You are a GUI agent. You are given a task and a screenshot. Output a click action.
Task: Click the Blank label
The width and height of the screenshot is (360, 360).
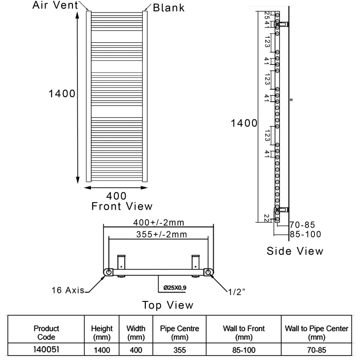(169, 8)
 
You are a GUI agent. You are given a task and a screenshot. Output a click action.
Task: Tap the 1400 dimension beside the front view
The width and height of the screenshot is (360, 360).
(62, 94)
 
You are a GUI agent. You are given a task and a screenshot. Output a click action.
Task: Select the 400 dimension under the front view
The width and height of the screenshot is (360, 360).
(116, 196)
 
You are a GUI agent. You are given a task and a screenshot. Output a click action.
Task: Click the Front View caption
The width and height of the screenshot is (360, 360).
(121, 206)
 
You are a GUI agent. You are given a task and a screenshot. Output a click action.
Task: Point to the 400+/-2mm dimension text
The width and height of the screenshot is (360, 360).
(159, 222)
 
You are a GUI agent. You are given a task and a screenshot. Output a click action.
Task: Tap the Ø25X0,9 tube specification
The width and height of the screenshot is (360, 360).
(175, 287)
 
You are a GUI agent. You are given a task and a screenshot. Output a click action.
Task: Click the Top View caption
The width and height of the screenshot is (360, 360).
(168, 305)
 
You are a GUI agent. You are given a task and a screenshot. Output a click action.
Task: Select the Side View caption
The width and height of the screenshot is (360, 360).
(295, 251)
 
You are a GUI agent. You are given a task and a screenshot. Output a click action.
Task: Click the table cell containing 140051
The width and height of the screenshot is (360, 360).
(46, 348)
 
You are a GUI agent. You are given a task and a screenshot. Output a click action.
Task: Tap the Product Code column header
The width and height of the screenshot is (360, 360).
(46, 333)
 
